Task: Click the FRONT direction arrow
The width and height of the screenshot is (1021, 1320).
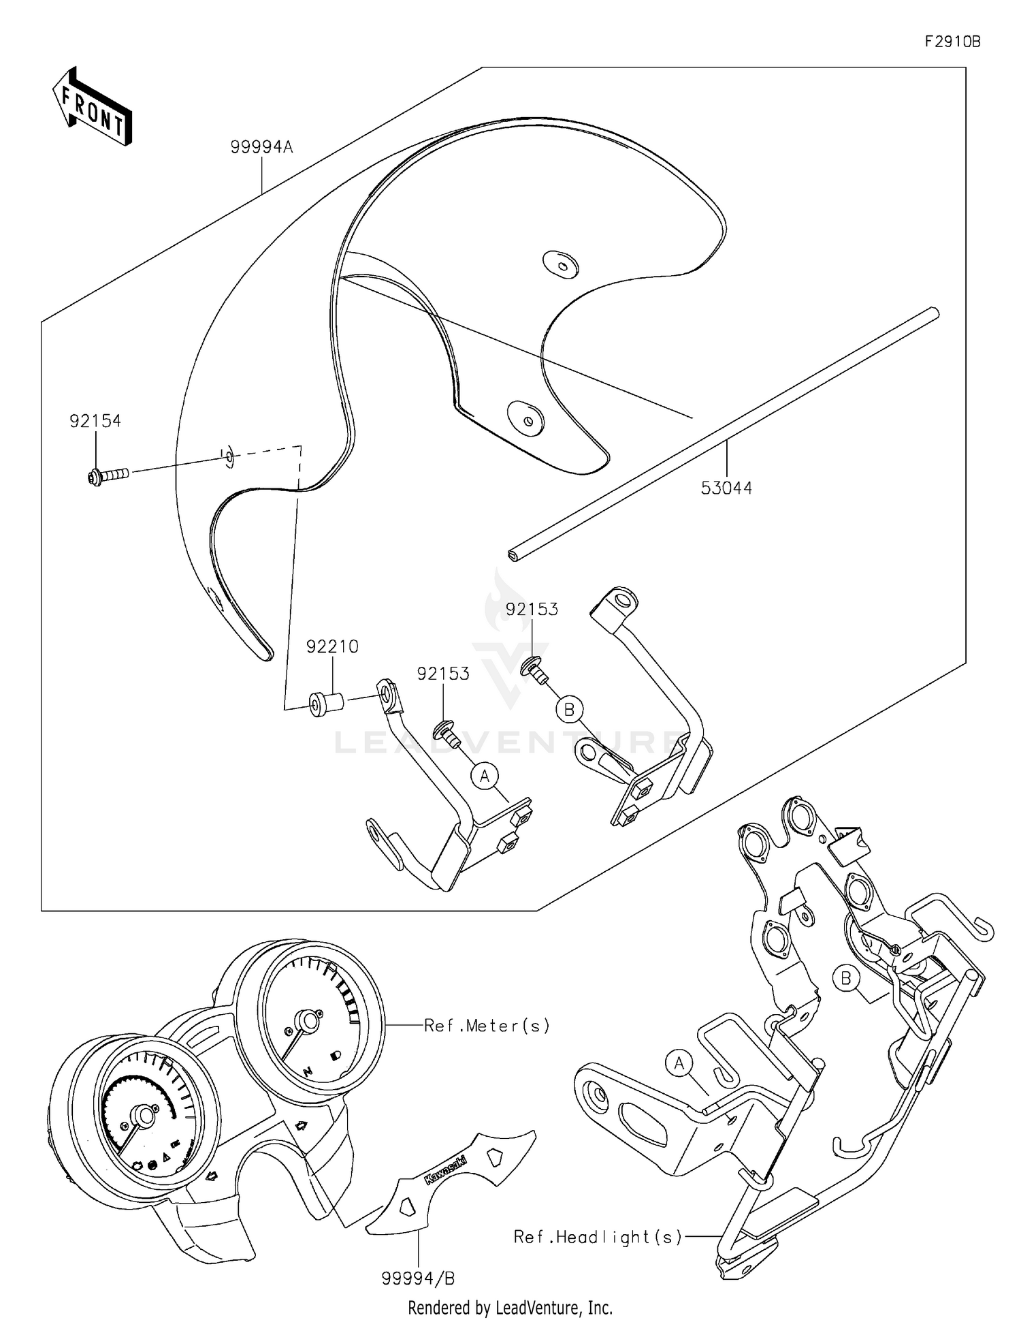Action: click(92, 107)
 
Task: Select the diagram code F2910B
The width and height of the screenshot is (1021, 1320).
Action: click(952, 42)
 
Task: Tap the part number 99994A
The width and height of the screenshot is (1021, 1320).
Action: click(261, 146)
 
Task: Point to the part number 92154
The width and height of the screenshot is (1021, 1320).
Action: click(95, 421)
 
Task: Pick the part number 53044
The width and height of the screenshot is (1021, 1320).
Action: click(727, 488)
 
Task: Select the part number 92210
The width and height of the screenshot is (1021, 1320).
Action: click(332, 646)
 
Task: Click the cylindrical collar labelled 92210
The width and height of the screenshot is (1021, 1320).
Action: click(327, 704)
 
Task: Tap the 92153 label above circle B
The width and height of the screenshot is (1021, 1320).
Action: click(532, 609)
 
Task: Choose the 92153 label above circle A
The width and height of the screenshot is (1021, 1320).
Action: click(443, 674)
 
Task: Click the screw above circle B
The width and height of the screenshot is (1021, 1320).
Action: click(535, 668)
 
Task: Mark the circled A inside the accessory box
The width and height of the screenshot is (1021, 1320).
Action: click(485, 776)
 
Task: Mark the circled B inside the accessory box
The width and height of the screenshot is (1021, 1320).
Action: click(569, 710)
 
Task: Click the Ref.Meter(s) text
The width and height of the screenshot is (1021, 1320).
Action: click(487, 1025)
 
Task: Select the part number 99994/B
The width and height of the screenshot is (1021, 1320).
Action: click(418, 1279)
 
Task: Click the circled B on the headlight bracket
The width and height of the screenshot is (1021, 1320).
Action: click(846, 979)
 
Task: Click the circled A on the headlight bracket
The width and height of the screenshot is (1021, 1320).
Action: click(679, 1063)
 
